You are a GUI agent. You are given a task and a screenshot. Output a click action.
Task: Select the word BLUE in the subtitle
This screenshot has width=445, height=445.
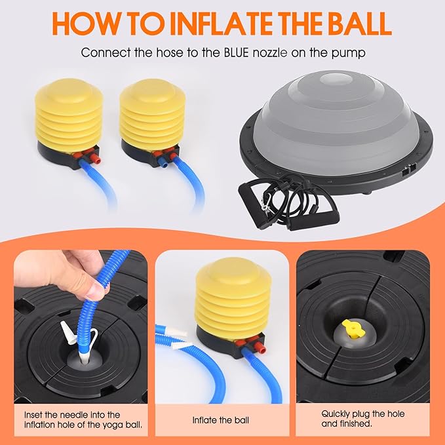236,53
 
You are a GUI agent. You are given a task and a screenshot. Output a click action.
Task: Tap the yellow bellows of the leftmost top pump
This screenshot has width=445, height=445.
69,115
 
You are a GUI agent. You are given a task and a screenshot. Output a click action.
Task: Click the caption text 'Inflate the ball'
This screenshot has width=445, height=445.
220,420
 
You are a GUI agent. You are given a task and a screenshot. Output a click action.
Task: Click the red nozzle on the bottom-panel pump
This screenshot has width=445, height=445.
259,347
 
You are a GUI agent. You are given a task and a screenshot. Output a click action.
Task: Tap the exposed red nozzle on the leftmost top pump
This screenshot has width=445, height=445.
96,159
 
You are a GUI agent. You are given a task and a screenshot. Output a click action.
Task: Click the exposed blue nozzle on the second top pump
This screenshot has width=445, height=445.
163,164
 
